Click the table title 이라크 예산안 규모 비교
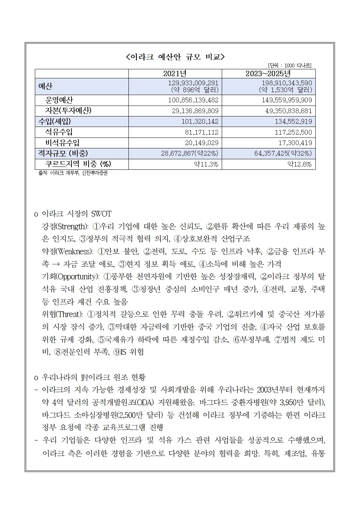point(175,57)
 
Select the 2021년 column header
point(175,74)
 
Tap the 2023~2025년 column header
point(269,74)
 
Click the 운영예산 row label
point(59,100)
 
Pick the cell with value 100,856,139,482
point(193,100)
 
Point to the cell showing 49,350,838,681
point(286,111)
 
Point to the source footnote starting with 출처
point(73,173)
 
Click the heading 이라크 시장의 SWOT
point(77,214)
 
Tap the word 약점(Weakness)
point(67,251)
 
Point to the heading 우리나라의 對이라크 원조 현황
point(94,377)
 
